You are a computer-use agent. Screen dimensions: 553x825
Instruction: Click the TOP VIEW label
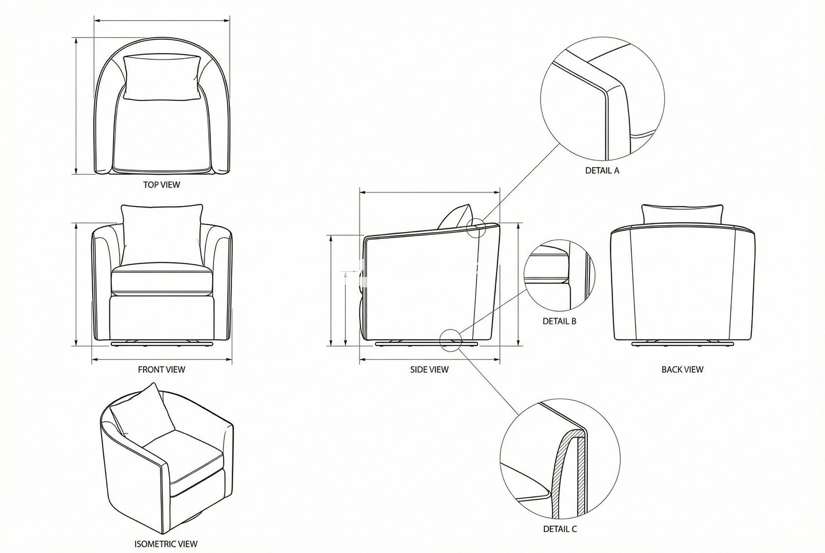tap(161, 185)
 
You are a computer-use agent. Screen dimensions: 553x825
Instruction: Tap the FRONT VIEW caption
tap(161, 369)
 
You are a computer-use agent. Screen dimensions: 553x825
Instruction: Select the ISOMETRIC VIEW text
tap(166, 543)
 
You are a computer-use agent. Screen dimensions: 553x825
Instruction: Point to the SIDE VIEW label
tap(429, 369)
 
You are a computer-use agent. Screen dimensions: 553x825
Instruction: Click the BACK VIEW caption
tap(682, 369)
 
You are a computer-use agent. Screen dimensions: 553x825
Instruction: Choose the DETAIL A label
tap(602, 170)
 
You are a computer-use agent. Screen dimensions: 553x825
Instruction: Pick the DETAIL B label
tap(559, 321)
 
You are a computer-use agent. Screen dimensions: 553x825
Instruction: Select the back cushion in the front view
tap(161, 234)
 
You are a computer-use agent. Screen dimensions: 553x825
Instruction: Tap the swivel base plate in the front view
tap(162, 343)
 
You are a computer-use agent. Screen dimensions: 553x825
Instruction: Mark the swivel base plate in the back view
tap(682, 343)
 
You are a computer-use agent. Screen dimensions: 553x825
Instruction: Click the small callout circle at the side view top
tap(476, 227)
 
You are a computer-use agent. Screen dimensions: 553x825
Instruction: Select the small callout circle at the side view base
tap(450, 340)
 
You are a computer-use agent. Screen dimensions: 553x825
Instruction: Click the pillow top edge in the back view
tap(682, 207)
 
